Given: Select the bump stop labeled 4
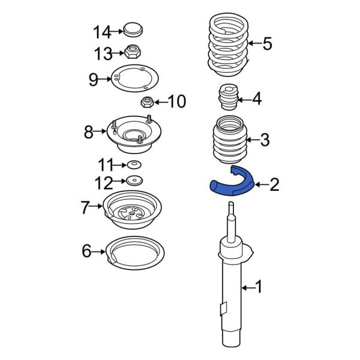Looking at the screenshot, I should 227,98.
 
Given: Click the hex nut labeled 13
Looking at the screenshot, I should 133,53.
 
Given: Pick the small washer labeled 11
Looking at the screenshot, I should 134,164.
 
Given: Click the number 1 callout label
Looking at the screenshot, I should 259,287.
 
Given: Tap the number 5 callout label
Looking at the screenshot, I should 268,43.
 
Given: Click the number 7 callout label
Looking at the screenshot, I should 85,208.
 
